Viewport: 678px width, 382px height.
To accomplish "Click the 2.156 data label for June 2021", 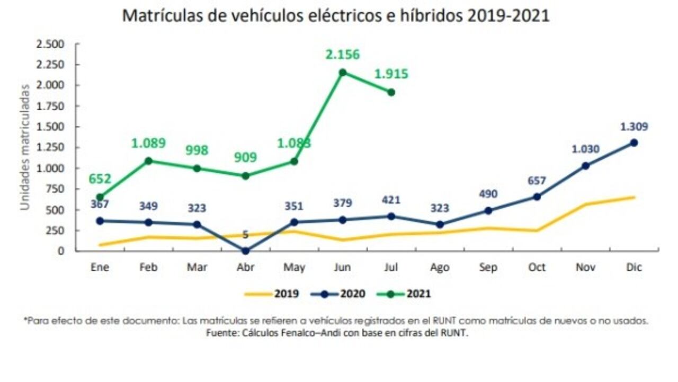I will pos(342,54).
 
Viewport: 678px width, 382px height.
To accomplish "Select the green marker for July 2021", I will pos(391,92).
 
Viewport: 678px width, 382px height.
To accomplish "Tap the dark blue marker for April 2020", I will pos(245,251).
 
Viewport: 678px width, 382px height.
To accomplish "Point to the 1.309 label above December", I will pos(634,127).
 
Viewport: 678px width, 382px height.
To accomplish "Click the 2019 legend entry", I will pos(286,294).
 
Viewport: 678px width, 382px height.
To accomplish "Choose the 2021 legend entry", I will pos(418,294).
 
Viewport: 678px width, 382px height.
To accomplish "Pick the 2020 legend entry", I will pos(352,294).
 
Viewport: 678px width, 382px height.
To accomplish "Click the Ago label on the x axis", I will pos(440,268).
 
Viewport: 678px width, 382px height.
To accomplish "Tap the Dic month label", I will pos(634,268).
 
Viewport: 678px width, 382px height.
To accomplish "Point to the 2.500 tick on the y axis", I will pos(50,44).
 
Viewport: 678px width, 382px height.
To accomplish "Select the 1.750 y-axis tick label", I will pos(50,106).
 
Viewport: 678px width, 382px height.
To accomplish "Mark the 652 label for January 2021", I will pos(100,179).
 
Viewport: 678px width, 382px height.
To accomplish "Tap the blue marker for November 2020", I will pos(585,166).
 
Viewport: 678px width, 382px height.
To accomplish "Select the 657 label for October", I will pos(537,181).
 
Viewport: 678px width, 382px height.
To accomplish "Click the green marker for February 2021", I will pos(148,161).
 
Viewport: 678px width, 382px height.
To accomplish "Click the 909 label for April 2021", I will pos(245,157).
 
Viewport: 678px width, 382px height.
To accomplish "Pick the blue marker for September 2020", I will pos(488,210).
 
